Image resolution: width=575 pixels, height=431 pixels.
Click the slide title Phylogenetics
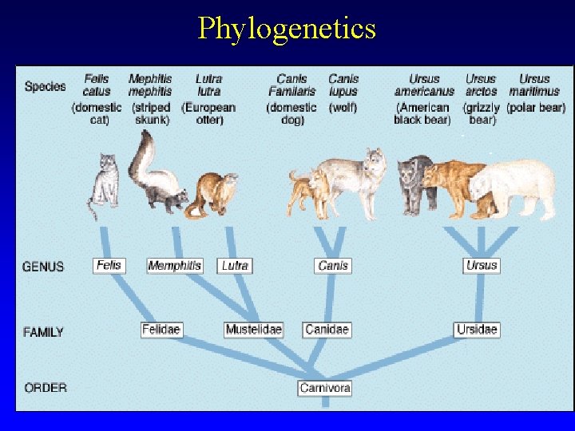(287, 29)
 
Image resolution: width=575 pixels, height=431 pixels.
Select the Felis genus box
(109, 265)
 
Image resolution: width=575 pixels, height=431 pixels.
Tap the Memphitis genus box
(175, 265)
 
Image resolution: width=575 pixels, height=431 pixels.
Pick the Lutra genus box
(235, 265)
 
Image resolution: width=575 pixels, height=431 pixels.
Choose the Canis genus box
(333, 265)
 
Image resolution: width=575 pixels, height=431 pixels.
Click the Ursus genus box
(482, 265)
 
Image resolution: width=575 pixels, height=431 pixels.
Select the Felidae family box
(161, 329)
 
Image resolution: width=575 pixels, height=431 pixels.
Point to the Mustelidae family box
(254, 329)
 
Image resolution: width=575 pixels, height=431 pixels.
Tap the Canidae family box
(327, 329)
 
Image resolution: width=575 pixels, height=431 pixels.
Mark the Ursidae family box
(478, 329)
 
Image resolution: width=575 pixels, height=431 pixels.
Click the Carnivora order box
(325, 388)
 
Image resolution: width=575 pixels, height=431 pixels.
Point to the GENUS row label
(44, 267)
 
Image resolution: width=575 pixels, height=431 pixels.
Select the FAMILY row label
(44, 331)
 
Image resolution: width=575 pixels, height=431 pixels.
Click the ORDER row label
(46, 388)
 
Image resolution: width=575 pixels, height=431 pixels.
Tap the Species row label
(45, 86)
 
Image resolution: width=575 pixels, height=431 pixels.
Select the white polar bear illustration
(515, 188)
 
